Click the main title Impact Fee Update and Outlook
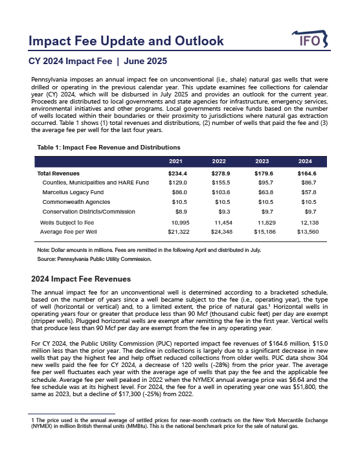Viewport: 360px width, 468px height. [126, 41]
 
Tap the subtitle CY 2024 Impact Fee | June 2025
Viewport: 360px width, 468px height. [98, 62]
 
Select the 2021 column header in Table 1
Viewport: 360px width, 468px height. [175, 161]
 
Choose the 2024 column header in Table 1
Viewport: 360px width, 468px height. [305, 161]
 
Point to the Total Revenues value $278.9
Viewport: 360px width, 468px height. [219, 174]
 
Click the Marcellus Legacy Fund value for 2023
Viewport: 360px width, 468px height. [262, 193]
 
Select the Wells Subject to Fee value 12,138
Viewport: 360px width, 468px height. [305, 221]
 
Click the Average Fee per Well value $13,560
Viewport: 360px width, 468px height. [305, 230]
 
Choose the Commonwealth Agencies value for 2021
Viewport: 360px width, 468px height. [177, 203]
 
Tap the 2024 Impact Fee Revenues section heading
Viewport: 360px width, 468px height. [81, 279]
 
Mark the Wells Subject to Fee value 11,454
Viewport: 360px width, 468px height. [219, 221]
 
